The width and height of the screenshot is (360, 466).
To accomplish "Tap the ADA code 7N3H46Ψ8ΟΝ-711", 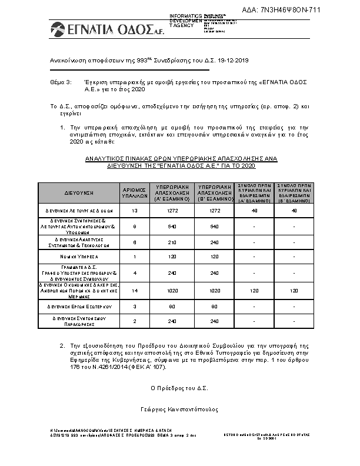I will [306, 9].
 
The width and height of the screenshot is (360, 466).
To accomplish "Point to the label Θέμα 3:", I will [60, 84].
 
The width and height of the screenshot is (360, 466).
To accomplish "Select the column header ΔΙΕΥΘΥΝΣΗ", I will [79, 193].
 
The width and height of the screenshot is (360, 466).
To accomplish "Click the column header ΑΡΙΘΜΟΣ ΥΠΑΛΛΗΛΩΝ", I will [134, 193].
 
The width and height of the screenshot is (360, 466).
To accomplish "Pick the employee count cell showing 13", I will [134, 210].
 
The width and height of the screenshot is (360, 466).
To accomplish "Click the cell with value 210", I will [174, 242].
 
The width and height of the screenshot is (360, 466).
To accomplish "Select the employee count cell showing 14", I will [134, 290].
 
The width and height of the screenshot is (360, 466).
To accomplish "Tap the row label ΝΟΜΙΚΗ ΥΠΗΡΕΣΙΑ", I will [79, 257].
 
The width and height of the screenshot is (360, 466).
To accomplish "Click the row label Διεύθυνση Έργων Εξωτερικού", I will [79, 306].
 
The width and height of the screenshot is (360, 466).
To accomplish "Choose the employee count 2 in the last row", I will [134, 321].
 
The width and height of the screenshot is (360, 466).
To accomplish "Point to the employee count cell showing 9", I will [134, 226].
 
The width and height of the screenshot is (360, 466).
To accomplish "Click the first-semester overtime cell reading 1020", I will [174, 290].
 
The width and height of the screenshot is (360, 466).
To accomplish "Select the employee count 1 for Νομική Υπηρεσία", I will [134, 257].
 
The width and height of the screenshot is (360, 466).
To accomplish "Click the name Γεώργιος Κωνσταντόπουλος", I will [179, 408].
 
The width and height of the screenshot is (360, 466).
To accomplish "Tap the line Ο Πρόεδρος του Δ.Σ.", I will [179, 388].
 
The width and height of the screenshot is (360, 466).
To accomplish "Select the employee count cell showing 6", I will [134, 242].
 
